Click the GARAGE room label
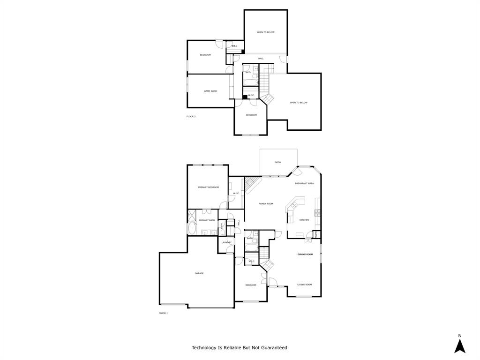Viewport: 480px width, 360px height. (x=199, y=273)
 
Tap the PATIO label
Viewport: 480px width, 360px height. (x=277, y=162)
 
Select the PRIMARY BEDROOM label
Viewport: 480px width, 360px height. (x=208, y=187)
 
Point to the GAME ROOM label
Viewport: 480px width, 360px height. (x=210, y=91)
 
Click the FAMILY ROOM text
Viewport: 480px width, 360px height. (x=266, y=203)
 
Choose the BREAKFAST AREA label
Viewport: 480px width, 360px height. (x=304, y=183)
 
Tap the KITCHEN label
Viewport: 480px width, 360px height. (x=304, y=220)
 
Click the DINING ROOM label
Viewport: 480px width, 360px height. (x=305, y=254)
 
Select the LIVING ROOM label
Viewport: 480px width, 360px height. (x=304, y=285)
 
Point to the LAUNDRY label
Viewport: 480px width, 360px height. (x=226, y=242)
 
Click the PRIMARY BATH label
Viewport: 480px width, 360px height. (x=207, y=220)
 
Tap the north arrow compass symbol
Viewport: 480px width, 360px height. (x=459, y=346)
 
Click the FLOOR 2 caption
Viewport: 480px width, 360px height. (x=191, y=116)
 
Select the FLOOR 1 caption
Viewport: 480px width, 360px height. (x=163, y=313)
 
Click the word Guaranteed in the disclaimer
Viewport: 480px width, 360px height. (x=273, y=348)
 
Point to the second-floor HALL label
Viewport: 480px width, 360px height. (x=261, y=59)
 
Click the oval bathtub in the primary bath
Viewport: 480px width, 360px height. (x=191, y=229)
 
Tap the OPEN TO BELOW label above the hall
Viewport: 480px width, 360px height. (x=265, y=32)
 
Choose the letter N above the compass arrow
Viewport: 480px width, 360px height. (x=459, y=336)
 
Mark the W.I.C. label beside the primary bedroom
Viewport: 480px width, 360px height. (x=236, y=193)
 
